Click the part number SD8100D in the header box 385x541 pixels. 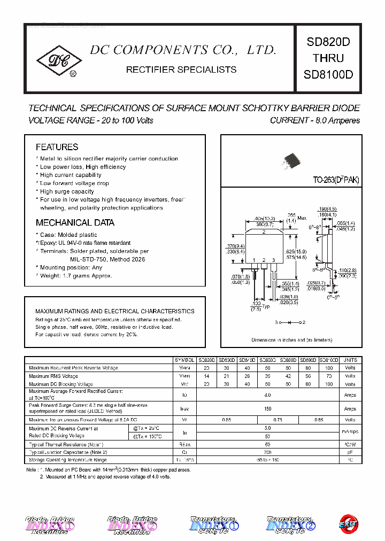click(x=328, y=75)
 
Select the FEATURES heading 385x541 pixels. click(x=57, y=147)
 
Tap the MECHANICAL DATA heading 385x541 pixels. click(x=75, y=222)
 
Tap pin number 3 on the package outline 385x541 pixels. click(x=273, y=260)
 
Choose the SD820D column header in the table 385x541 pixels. click(x=206, y=360)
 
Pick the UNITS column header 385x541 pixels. click(x=350, y=360)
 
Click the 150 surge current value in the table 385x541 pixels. click(x=267, y=408)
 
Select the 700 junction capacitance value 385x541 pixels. click(x=267, y=452)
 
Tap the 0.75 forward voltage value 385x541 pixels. click(x=278, y=420)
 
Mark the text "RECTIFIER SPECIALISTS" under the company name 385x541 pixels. click(x=181, y=70)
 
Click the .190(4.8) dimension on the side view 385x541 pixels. click(x=326, y=208)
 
